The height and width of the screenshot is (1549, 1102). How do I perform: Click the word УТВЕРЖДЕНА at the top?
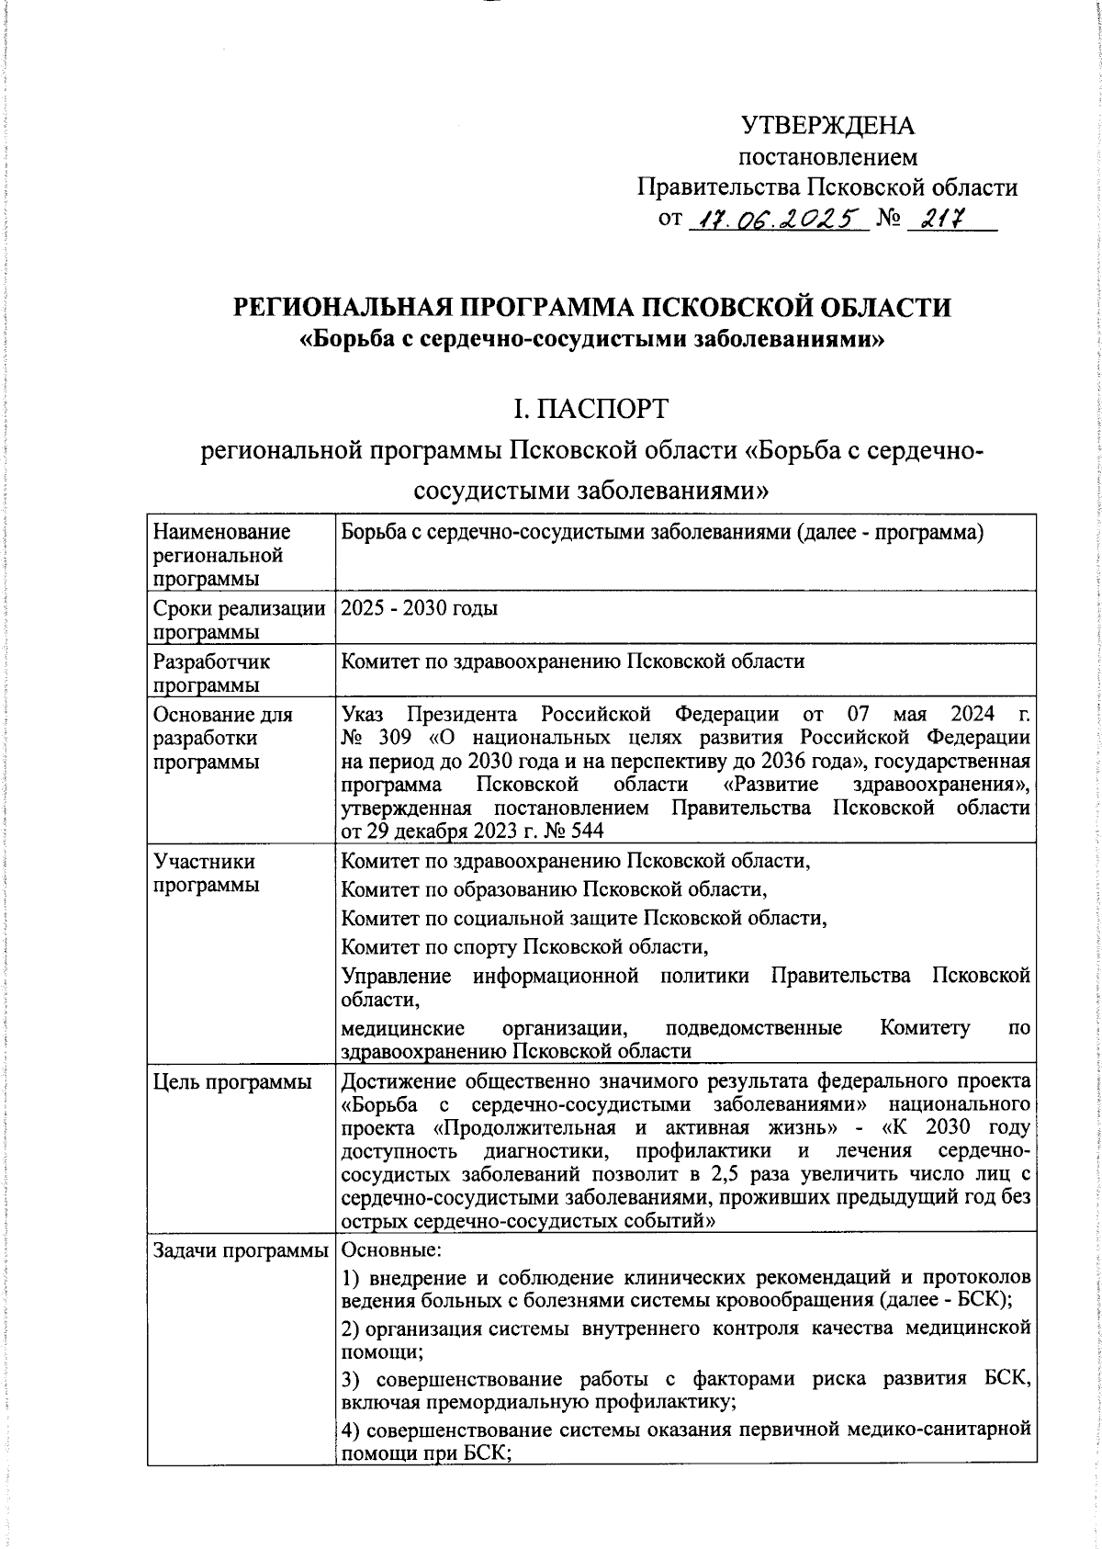[x=826, y=125]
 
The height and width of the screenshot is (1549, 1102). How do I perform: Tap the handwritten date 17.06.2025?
[x=776, y=220]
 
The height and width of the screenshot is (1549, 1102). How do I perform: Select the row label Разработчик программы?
[x=212, y=673]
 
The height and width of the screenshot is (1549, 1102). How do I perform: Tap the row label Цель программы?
[x=232, y=1082]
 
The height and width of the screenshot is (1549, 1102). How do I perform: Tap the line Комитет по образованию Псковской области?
[x=554, y=889]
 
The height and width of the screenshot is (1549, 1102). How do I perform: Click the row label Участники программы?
[x=205, y=873]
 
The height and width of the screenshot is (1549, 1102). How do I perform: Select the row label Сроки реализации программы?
[x=240, y=619]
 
